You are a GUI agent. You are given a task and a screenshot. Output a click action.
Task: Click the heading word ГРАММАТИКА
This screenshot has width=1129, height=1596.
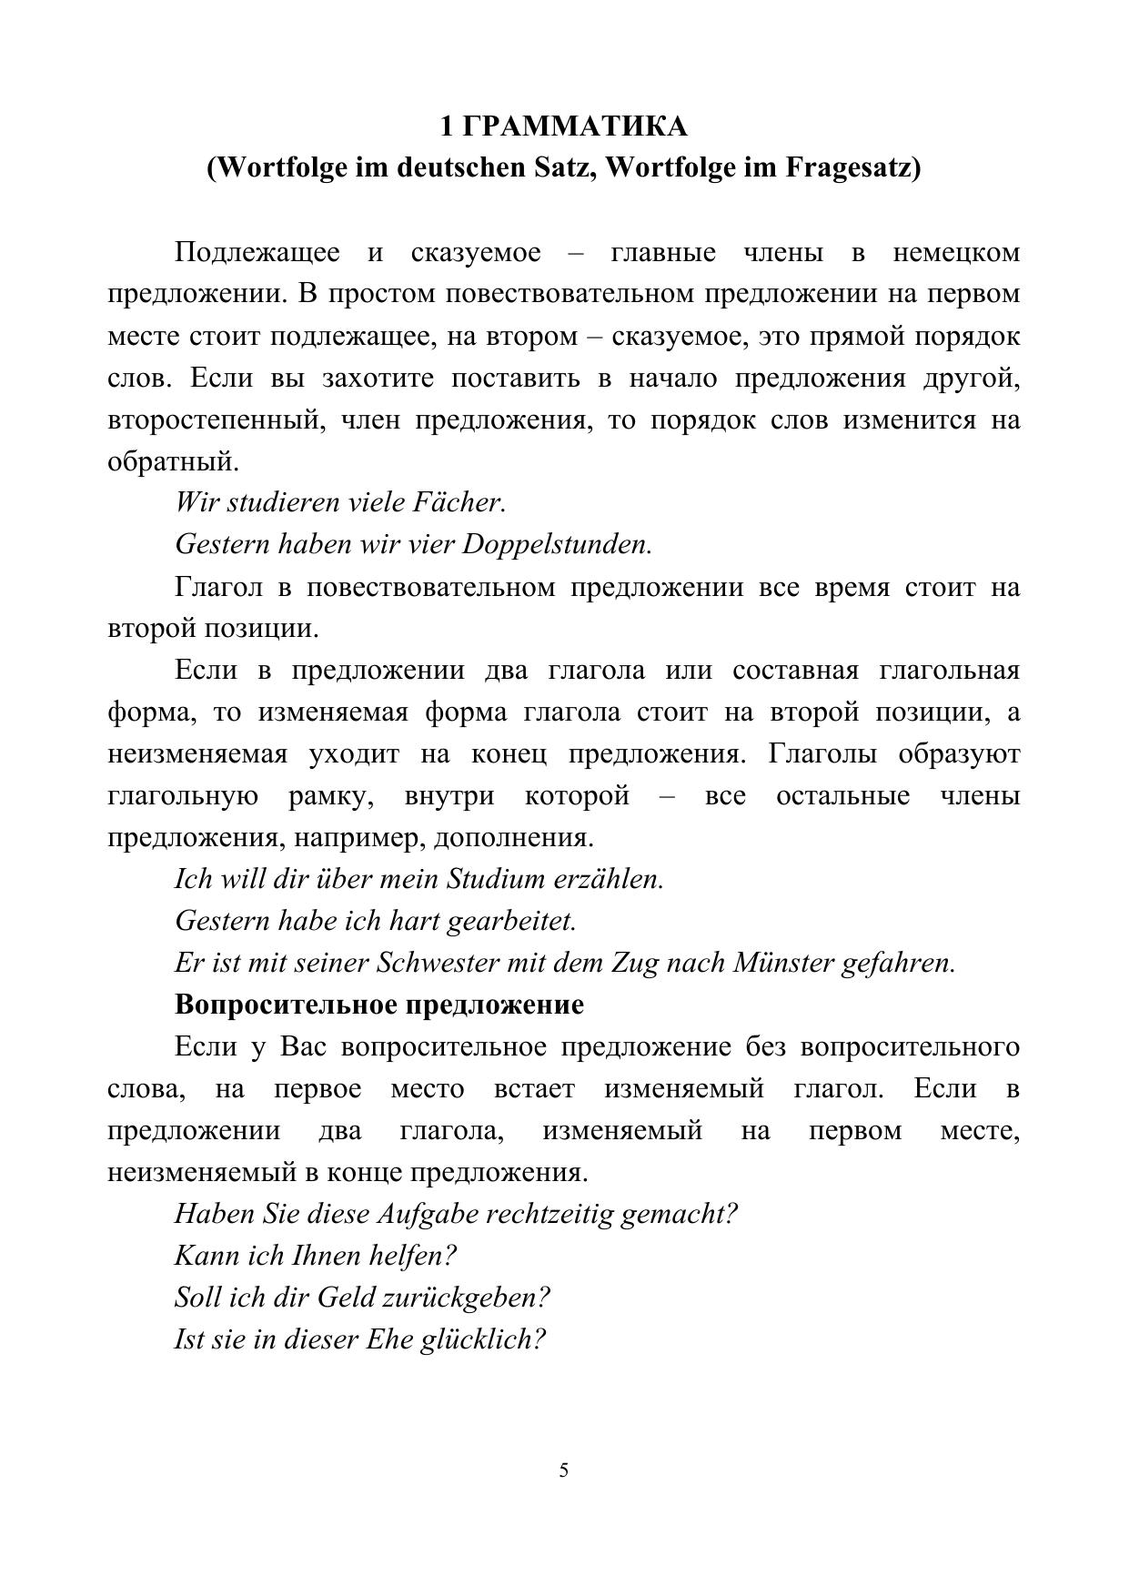[575, 126]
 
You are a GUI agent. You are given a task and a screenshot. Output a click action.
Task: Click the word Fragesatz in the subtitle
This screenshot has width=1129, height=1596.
[852, 168]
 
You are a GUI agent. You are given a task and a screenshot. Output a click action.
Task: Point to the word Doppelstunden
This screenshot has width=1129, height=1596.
[557, 544]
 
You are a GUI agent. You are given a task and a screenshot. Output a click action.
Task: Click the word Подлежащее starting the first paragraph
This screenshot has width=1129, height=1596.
[257, 252]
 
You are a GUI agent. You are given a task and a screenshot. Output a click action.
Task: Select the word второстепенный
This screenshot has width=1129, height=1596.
[213, 420]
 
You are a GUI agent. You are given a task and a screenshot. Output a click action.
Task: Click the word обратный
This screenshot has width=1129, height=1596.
[173, 462]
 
